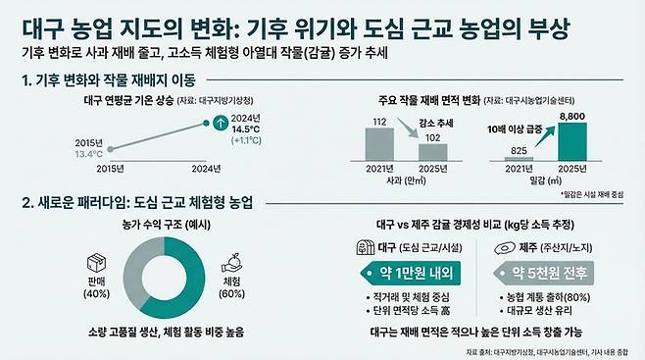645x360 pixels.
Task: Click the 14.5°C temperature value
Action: [x=245, y=128]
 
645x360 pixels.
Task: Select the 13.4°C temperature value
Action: [x=88, y=154]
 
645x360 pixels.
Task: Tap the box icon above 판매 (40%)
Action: [x=96, y=266]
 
